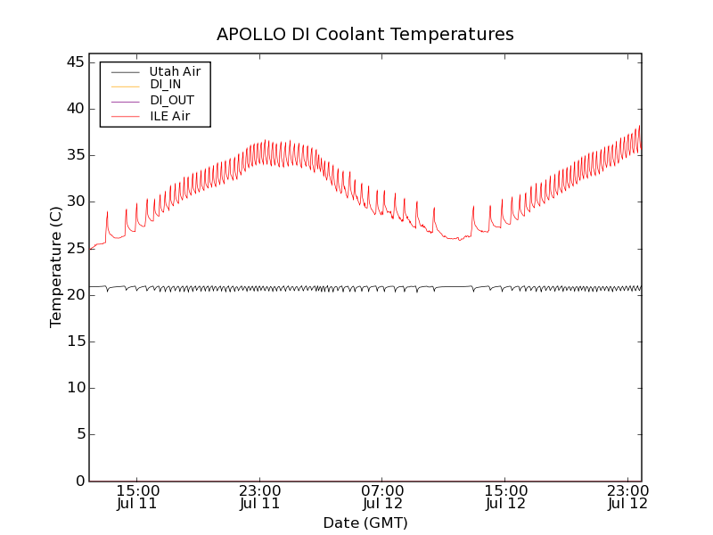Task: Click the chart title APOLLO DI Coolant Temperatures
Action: [x=365, y=35]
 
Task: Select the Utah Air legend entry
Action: [x=175, y=71]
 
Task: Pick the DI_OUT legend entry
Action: [x=172, y=101]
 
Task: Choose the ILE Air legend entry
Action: [x=168, y=116]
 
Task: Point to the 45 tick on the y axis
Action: [x=75, y=62]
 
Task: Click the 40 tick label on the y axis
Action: [x=75, y=109]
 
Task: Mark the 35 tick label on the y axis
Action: [x=75, y=155]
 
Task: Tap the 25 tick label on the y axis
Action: [x=75, y=248]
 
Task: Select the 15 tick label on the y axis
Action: [x=75, y=342]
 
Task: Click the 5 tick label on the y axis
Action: [x=79, y=434]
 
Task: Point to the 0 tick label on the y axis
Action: [x=79, y=481]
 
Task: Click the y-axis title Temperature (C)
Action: [x=56, y=267]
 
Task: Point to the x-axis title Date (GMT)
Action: [x=365, y=523]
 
